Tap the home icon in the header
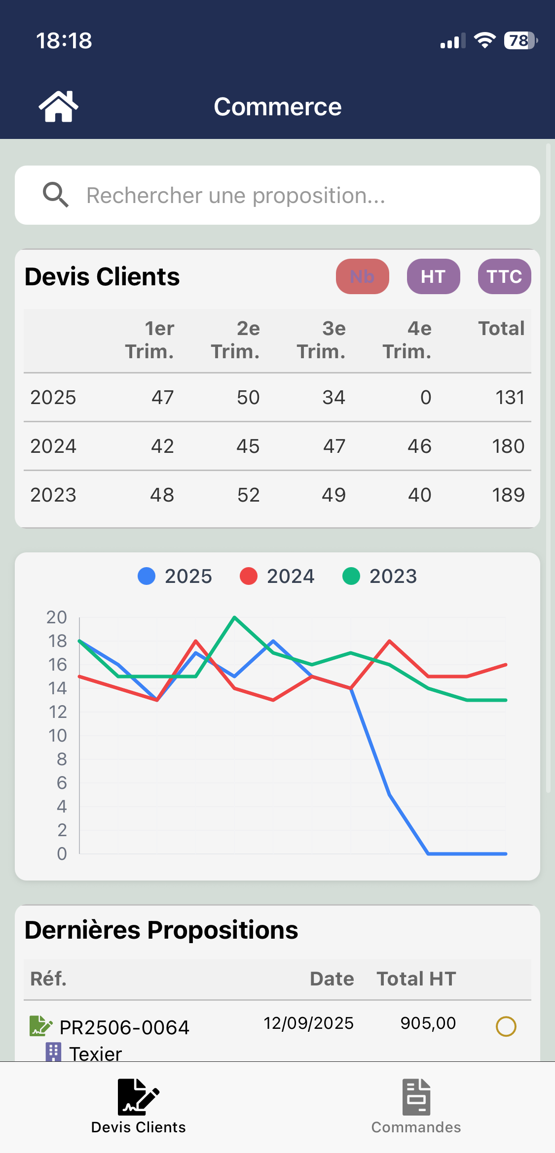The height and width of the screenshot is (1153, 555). point(58,106)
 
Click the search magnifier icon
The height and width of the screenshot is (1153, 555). point(55,195)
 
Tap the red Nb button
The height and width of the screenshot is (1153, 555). point(362,276)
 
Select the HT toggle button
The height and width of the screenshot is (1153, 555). point(433,276)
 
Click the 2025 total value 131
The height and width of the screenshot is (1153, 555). point(510,398)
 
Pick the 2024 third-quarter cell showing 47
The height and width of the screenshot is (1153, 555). point(334,446)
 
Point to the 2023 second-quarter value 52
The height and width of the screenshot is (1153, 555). point(248,495)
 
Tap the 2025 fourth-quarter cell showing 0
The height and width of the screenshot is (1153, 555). point(425,398)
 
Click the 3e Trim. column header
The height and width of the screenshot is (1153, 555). point(321,340)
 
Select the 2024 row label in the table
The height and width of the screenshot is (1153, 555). point(53,446)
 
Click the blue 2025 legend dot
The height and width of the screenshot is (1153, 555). point(147,576)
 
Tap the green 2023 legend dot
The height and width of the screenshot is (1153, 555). point(351,576)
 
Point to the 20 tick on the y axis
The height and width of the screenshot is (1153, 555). point(57,617)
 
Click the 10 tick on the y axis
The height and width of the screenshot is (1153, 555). point(57,736)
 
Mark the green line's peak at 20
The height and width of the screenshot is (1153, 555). point(234,617)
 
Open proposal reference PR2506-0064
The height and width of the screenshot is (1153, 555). point(124,1027)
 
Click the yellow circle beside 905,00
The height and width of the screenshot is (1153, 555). point(506,1027)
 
